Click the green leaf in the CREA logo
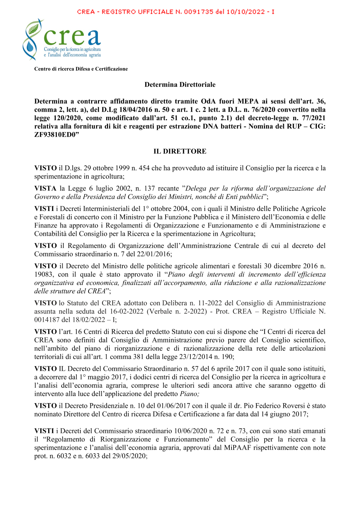pos(34,28)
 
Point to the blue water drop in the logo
pos(30,46)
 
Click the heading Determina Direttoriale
pos(180,85)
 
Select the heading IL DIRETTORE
pos(180,151)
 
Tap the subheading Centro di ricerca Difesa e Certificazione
pos(81,69)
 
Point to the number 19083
pos(44,274)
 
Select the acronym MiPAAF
pos(237,447)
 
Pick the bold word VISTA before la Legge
pos(45,188)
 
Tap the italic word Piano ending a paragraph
pos(189,394)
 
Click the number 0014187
pos(47,320)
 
